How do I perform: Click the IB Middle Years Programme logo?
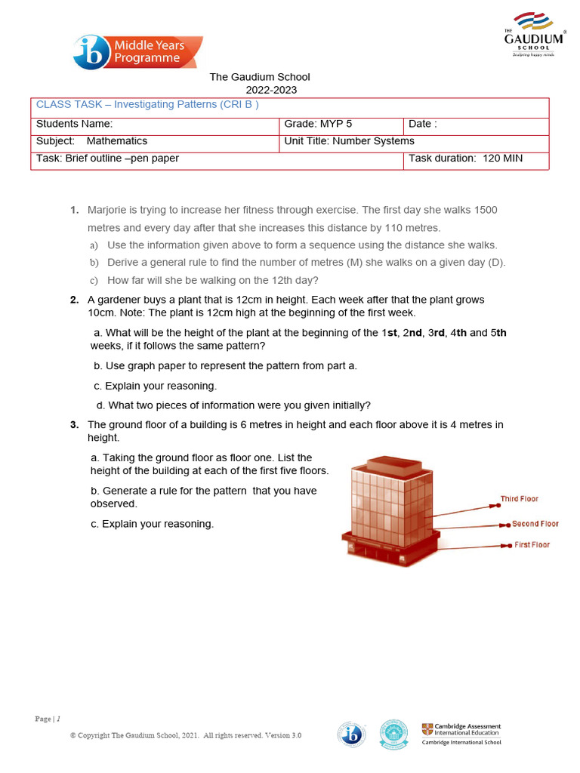click(138, 52)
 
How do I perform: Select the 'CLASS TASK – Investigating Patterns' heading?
click(148, 105)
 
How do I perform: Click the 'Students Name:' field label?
click(75, 124)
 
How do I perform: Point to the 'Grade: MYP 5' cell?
click(318, 124)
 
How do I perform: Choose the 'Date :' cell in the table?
click(423, 124)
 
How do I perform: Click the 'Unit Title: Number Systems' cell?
click(349, 141)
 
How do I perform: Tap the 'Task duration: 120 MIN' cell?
click(465, 159)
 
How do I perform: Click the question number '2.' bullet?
click(75, 300)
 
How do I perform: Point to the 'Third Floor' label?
click(519, 499)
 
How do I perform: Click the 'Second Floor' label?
click(535, 524)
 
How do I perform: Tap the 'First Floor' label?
click(532, 545)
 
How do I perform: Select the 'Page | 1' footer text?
click(48, 719)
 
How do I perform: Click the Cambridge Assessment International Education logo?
click(461, 734)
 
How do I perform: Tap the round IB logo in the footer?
click(352, 734)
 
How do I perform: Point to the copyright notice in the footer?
click(186, 735)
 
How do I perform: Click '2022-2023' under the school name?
click(260, 90)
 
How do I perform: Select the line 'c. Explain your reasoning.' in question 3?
click(152, 524)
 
